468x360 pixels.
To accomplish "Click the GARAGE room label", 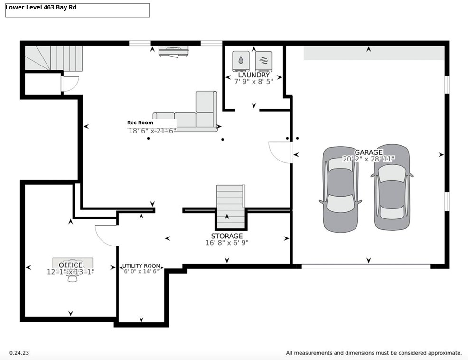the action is point(368,152).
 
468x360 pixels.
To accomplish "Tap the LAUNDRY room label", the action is point(254,75).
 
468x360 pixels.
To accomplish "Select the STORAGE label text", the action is point(227,236).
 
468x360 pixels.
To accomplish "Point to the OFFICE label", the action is point(70,265).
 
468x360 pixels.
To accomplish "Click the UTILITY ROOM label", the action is point(141,266).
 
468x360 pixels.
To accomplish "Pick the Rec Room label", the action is point(140,123).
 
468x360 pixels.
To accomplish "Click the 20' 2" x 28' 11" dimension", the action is point(369,159).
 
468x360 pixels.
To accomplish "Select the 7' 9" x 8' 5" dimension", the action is point(254,82).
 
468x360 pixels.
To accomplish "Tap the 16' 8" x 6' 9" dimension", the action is point(227,243).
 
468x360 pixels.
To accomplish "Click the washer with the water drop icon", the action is point(241,61).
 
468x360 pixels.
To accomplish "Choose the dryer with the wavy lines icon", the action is point(264,61).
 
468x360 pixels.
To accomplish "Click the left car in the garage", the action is point(340,189).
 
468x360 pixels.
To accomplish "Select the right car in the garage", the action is point(392,187).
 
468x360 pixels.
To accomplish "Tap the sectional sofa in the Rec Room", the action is point(186,112).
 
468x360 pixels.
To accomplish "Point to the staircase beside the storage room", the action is point(231,207).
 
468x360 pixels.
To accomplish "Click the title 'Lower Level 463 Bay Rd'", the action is point(41,8).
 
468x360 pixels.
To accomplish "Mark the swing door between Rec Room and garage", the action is point(280,152).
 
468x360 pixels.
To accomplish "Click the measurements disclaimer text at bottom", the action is point(374,353).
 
